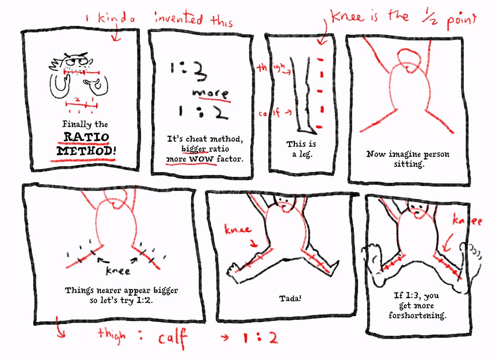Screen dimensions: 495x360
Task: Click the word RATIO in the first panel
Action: [x=86, y=137]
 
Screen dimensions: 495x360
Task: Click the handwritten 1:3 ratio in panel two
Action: [x=189, y=71]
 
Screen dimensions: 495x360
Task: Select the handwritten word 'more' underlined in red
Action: [x=211, y=93]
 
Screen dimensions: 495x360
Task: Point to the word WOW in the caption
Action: [x=201, y=159]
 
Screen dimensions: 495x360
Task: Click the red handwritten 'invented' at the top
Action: [x=179, y=18]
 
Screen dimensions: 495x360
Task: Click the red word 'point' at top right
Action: [x=461, y=19]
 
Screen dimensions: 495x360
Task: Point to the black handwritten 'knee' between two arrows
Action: [x=118, y=271]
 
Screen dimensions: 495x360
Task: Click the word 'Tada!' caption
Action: [x=290, y=298]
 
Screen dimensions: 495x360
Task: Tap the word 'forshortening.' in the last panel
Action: [x=418, y=315]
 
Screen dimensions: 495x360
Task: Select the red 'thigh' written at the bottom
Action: [x=112, y=335]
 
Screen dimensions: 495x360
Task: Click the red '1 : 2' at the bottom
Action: [x=260, y=338]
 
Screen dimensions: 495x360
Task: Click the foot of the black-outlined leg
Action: [x=307, y=129]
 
